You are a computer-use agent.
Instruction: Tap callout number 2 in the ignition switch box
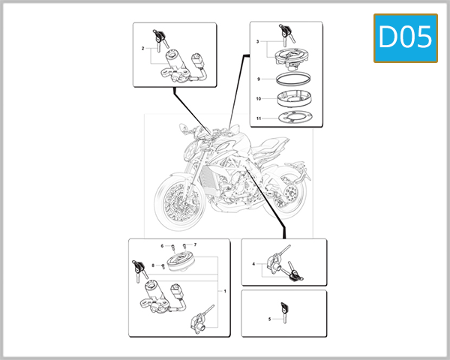tap(142, 49)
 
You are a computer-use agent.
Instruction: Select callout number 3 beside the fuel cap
tap(258, 42)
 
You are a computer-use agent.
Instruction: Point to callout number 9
tap(258, 79)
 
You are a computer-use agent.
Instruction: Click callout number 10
tap(258, 98)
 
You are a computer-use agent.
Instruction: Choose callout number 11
tap(258, 118)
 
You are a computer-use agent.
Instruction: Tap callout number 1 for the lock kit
tap(224, 289)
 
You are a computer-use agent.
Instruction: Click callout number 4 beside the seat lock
tap(253, 264)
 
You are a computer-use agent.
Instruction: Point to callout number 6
tap(161, 245)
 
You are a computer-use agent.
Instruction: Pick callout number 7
tap(194, 245)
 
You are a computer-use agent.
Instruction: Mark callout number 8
tap(153, 265)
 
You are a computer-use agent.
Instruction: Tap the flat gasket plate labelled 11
tap(290, 118)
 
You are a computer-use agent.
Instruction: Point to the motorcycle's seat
tap(276, 145)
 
